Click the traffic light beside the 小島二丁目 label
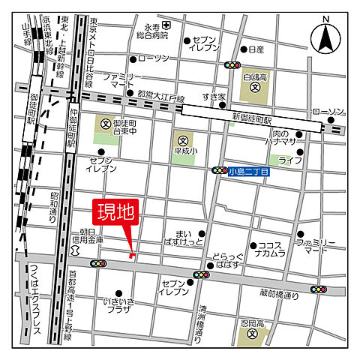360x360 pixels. [220, 171]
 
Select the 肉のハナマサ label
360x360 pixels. [285, 137]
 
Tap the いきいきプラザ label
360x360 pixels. [118, 306]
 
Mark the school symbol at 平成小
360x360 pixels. [181, 139]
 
